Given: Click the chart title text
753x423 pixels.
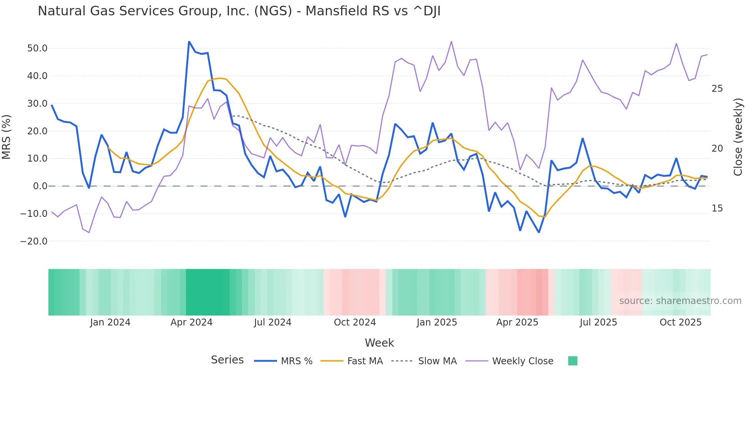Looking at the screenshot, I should pyautogui.click(x=239, y=11).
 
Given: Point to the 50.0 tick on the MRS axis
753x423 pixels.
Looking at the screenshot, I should pyautogui.click(x=37, y=48).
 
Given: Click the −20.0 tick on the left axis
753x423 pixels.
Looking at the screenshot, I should pyautogui.click(x=34, y=241).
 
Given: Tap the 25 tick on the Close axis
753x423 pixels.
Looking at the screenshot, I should pyautogui.click(x=717, y=89).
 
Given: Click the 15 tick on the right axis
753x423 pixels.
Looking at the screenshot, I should pyautogui.click(x=717, y=208).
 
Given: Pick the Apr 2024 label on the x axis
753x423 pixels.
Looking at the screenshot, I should pyautogui.click(x=191, y=322).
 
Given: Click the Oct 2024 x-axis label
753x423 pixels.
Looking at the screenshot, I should pyautogui.click(x=355, y=322).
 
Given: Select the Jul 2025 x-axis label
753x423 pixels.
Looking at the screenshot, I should pyautogui.click(x=598, y=322).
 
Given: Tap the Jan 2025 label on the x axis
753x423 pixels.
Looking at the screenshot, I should pyautogui.click(x=437, y=322).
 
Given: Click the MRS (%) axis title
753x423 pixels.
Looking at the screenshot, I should pyautogui.click(x=7, y=137).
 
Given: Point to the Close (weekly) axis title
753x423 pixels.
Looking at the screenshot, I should pyautogui.click(x=738, y=137).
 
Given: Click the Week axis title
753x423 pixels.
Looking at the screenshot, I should pyautogui.click(x=379, y=343).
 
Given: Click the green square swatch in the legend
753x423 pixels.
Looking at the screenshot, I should pyautogui.click(x=572, y=361).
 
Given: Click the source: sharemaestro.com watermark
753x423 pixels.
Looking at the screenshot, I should pyautogui.click(x=680, y=301).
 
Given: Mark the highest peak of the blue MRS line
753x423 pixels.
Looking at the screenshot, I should pyautogui.click(x=189, y=42).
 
